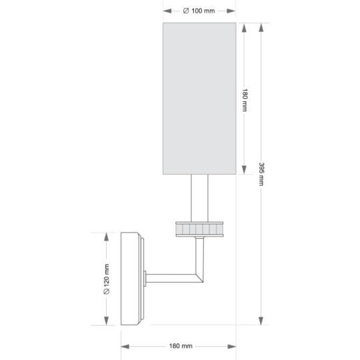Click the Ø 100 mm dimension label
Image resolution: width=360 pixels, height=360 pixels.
199,11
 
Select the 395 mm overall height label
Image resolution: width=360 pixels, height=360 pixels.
261,175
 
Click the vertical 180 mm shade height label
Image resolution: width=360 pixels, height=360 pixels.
245,99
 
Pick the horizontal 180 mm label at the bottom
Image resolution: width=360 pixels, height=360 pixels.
180,346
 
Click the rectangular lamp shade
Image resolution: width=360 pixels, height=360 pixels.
199,99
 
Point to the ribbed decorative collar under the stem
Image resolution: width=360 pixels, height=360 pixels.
199,228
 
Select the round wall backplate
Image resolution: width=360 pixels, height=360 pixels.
131,279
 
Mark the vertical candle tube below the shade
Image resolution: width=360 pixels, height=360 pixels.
199,197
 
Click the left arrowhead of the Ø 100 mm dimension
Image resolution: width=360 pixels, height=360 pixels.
167,11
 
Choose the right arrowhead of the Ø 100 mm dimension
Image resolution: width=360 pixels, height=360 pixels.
232,11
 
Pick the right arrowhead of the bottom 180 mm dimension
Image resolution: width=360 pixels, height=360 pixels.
232,346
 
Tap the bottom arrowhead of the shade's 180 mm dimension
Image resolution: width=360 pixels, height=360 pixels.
245,170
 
